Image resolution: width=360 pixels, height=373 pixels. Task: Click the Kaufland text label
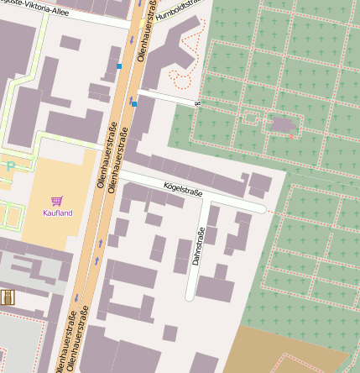[58, 213]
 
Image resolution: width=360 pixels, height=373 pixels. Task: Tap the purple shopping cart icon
[57, 201]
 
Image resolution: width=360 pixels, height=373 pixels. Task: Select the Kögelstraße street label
[183, 189]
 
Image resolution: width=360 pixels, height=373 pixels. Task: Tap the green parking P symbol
[10, 166]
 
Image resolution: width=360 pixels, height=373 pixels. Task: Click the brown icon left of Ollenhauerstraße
[8, 297]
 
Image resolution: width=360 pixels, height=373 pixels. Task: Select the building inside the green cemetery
[283, 125]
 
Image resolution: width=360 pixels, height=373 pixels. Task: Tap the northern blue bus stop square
[120, 66]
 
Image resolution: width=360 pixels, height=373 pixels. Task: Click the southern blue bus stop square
[133, 104]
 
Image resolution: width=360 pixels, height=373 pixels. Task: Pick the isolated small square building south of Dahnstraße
[170, 334]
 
